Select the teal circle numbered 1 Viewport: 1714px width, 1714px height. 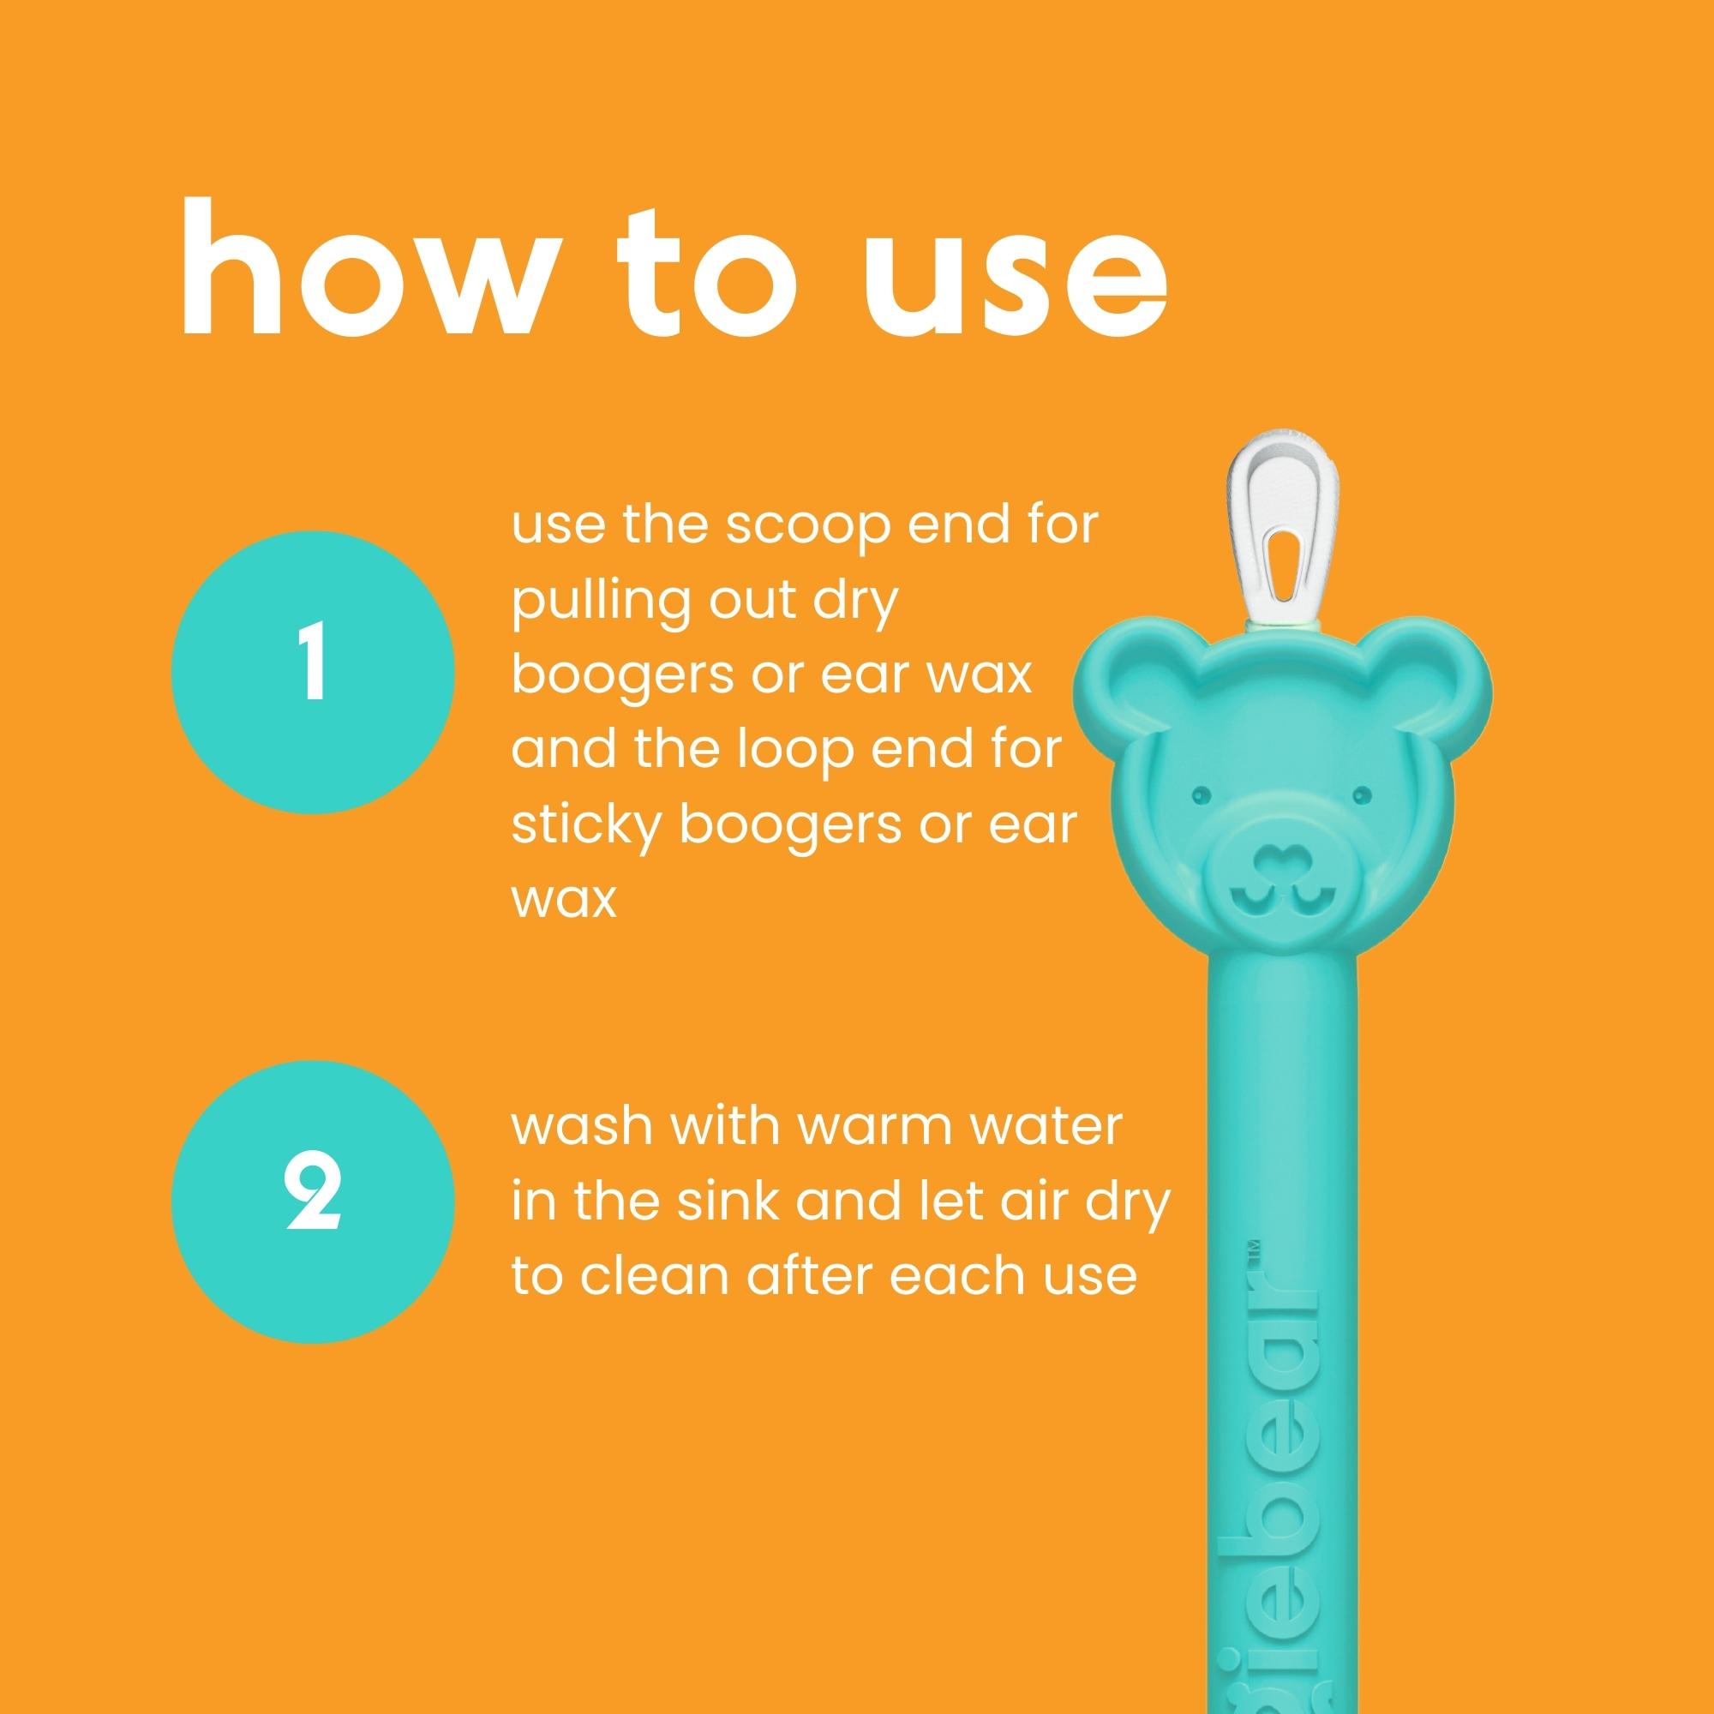[x=312, y=672]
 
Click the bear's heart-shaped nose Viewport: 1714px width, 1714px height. [x=1280, y=860]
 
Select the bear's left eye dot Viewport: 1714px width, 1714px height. [x=1201, y=791]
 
